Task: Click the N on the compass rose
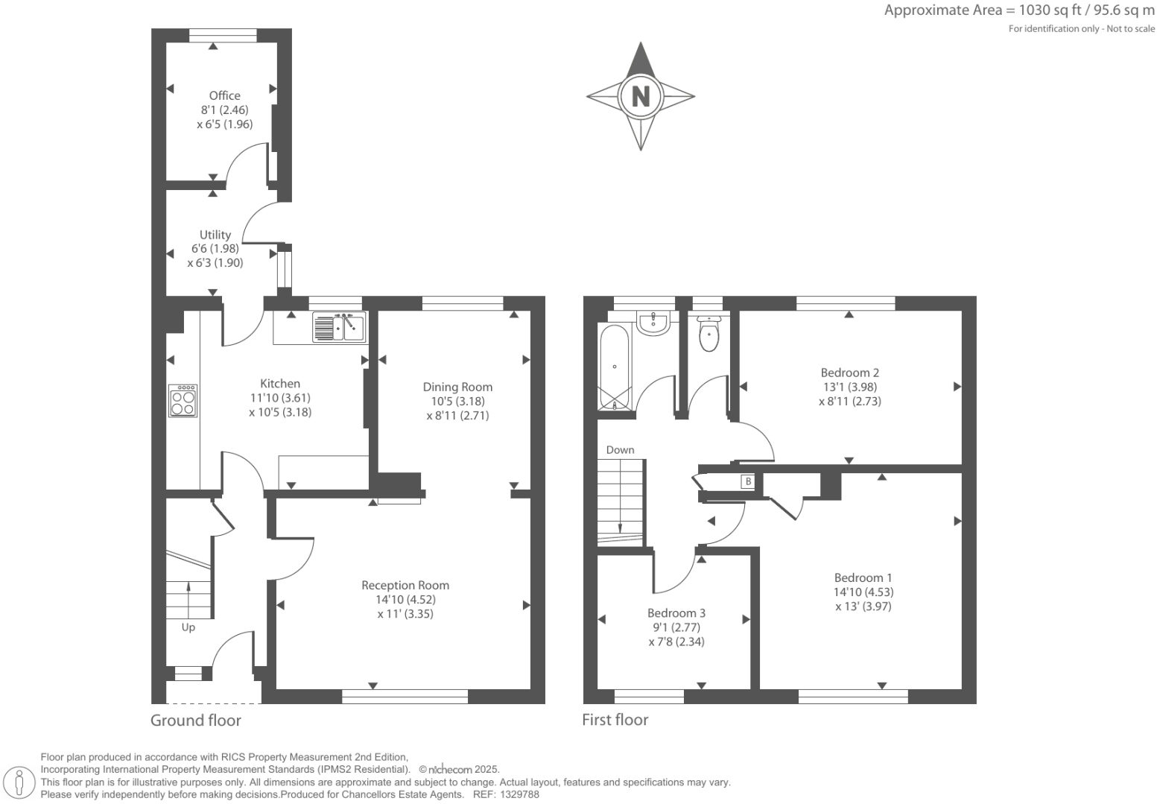[x=641, y=96]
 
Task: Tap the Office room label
[x=224, y=95]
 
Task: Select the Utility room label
[x=215, y=235]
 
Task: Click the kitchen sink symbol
[x=339, y=327]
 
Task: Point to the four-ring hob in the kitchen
[x=183, y=401]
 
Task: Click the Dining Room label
[x=457, y=387]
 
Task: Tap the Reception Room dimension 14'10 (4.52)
[x=405, y=599]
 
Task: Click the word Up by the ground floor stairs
[x=188, y=627]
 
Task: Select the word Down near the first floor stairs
[x=620, y=450]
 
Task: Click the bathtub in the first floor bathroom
[x=615, y=367]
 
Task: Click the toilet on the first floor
[x=709, y=334]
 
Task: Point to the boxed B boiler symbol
[x=747, y=482]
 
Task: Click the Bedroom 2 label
[x=850, y=373]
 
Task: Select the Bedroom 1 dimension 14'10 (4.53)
[x=863, y=592]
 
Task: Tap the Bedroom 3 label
[x=676, y=613]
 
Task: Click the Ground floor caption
[x=196, y=720]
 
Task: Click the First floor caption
[x=615, y=720]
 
